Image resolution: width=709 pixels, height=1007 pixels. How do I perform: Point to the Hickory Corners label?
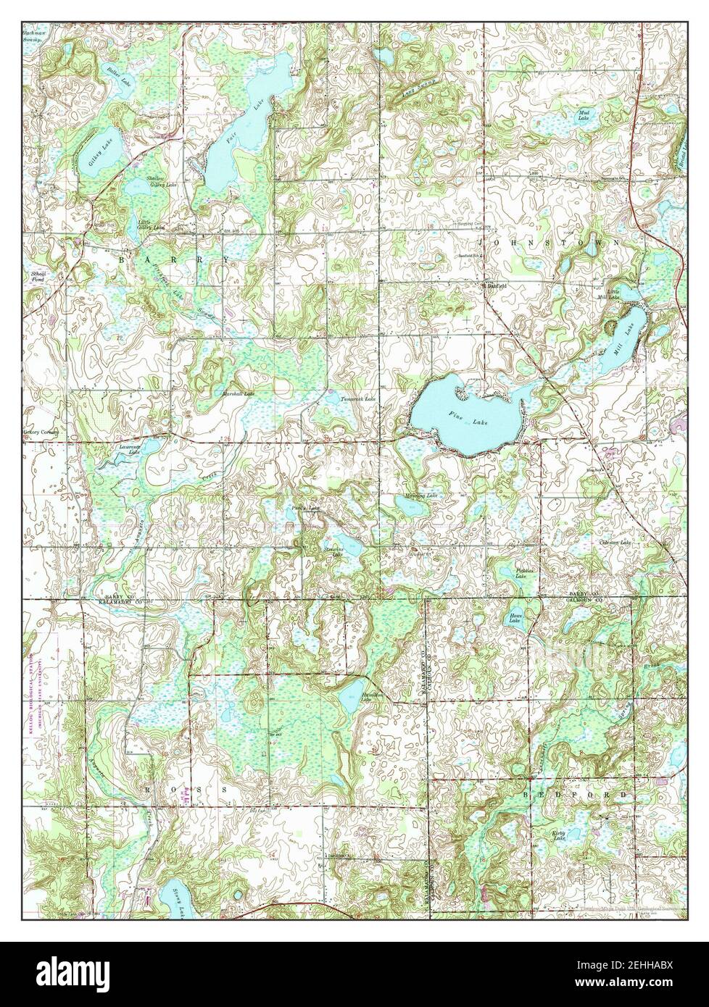coord(42,432)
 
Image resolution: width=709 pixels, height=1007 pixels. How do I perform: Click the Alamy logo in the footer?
coord(73,974)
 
